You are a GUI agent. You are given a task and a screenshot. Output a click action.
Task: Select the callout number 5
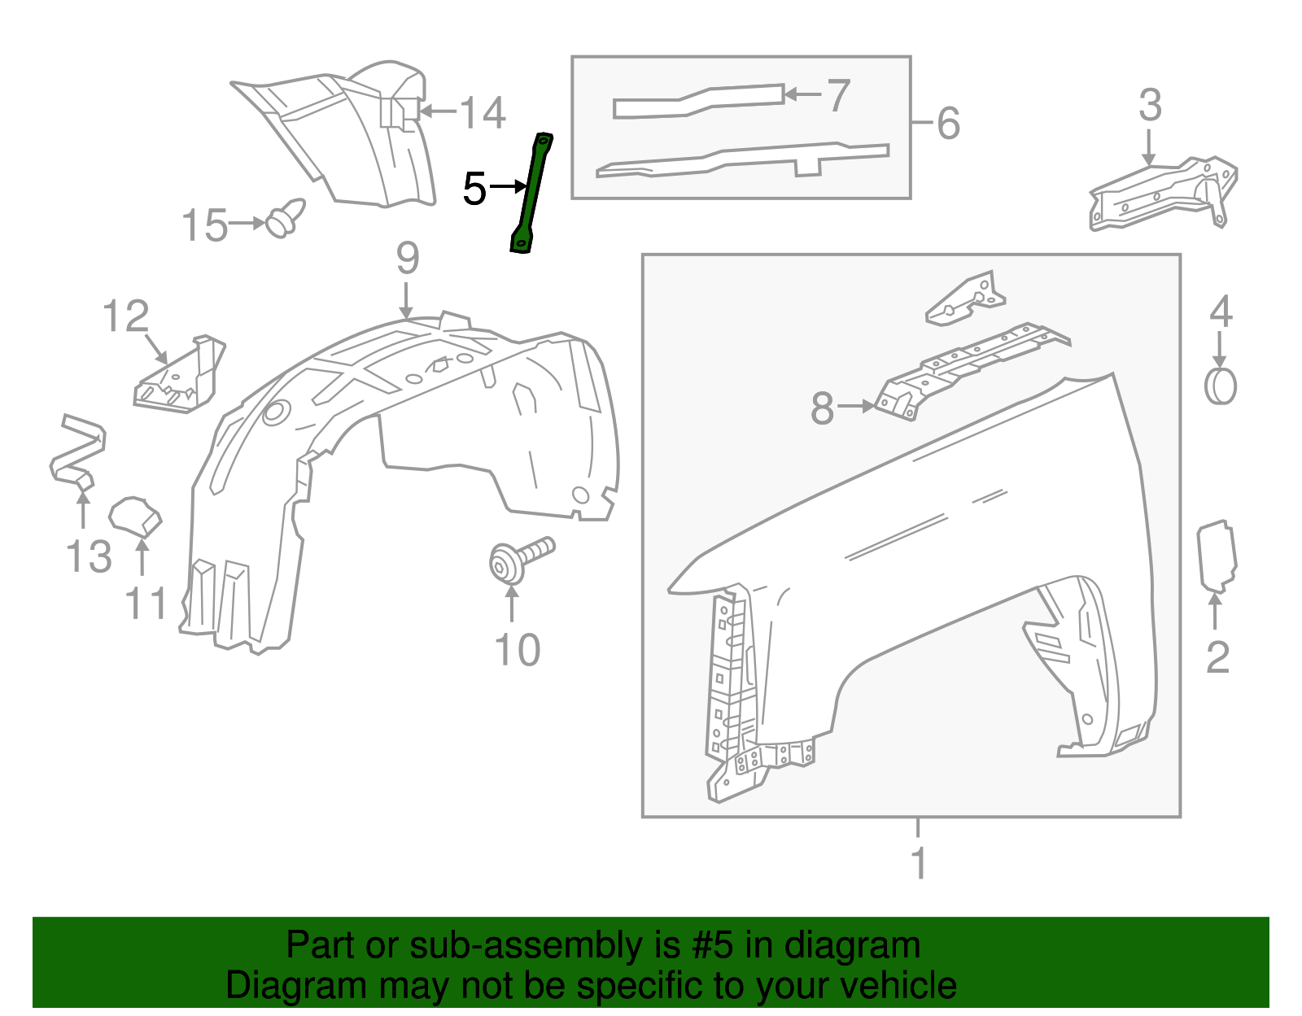(474, 189)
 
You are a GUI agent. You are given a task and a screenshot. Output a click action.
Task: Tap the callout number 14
(483, 112)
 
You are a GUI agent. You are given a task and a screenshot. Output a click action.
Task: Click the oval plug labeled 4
(1220, 386)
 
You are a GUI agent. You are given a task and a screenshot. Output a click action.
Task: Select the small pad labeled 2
(1217, 557)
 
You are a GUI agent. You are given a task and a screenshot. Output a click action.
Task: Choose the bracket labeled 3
(1164, 195)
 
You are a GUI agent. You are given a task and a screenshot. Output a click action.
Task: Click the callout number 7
(838, 96)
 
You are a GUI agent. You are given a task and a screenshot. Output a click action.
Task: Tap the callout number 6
(948, 124)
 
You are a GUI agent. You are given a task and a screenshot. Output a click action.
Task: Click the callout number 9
(408, 259)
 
